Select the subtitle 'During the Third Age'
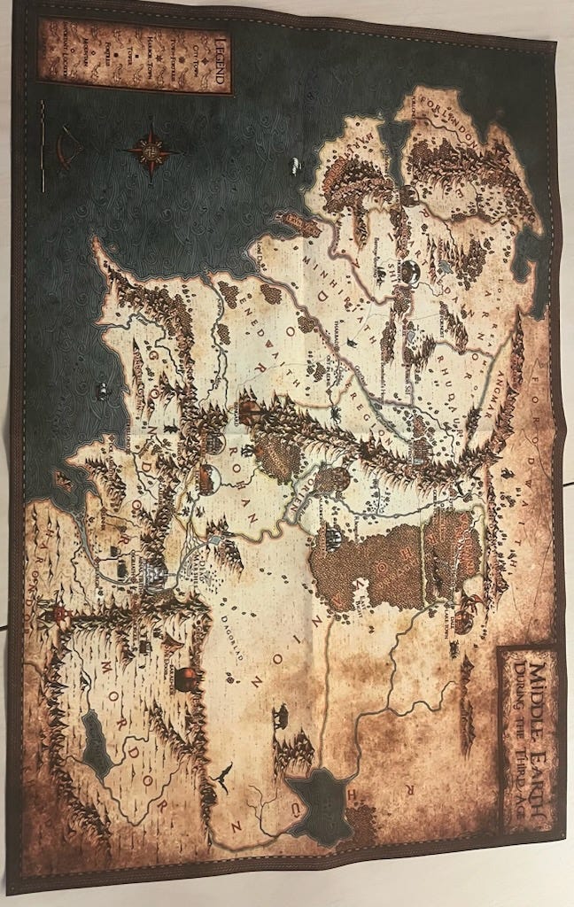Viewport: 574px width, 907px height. coord(519,735)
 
